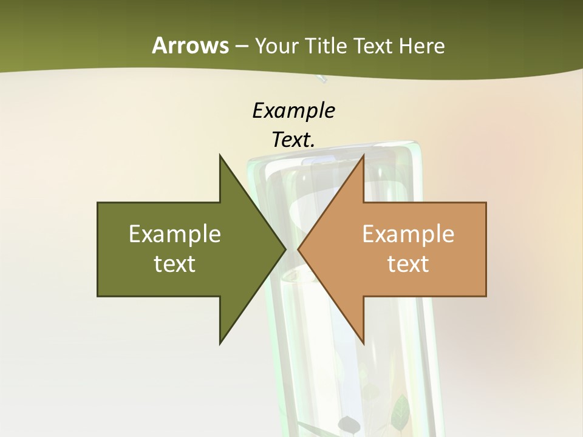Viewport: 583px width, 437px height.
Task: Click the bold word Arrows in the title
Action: coord(190,46)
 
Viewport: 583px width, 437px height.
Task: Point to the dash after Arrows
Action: coord(241,47)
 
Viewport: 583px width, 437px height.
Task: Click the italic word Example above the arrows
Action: coord(293,111)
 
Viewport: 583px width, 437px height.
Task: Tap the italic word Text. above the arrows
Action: coord(293,140)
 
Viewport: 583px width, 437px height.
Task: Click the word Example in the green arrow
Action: coord(175,234)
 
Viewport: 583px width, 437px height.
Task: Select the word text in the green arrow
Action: coord(175,264)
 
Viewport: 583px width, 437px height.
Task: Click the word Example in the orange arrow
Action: coord(408,234)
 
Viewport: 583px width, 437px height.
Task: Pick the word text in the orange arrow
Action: coord(408,264)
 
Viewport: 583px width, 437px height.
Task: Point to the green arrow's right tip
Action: coord(285,249)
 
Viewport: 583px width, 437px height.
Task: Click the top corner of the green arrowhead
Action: coord(220,155)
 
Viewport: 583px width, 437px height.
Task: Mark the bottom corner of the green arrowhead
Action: coord(220,344)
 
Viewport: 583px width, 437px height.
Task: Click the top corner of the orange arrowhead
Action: coord(363,155)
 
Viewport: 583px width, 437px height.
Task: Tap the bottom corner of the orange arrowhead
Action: coord(363,344)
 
